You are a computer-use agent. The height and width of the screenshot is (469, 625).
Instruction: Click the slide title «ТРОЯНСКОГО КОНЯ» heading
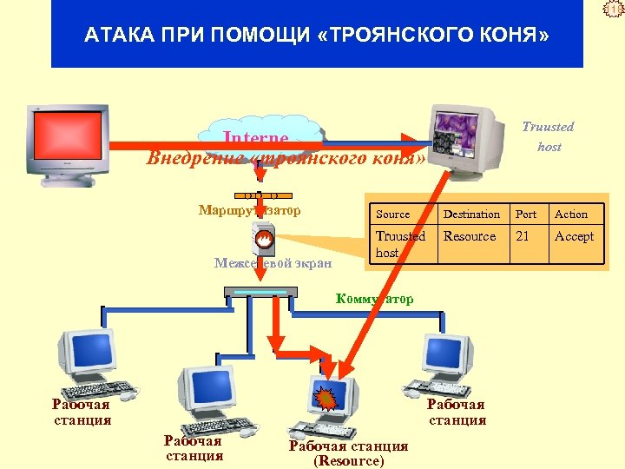pyautogui.click(x=317, y=36)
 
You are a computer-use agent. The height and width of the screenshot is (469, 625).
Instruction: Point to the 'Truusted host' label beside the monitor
pyautogui.click(x=549, y=136)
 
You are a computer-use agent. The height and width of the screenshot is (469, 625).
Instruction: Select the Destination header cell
pyautogui.click(x=471, y=215)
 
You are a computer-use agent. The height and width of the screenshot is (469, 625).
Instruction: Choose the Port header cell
pyautogui.click(x=526, y=215)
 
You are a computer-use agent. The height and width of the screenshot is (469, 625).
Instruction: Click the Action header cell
pyautogui.click(x=571, y=215)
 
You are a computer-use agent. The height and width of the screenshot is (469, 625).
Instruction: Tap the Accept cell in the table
pyautogui.click(x=575, y=236)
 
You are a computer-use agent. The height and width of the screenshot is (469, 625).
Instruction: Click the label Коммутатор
pyautogui.click(x=374, y=299)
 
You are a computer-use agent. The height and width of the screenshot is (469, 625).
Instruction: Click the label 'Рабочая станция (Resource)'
pyautogui.click(x=348, y=453)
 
